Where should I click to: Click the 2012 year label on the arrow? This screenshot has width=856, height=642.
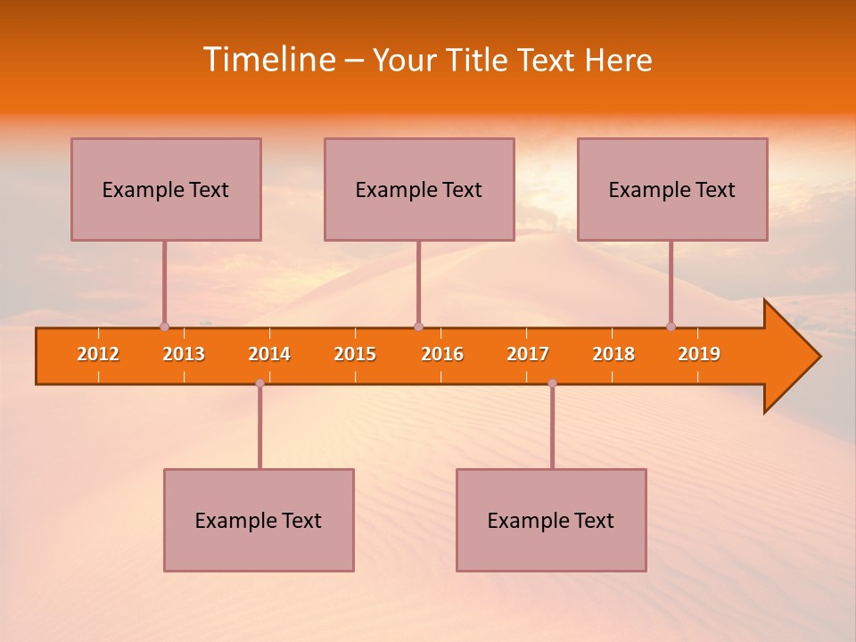coord(98,354)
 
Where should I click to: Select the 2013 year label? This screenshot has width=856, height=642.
coord(184,354)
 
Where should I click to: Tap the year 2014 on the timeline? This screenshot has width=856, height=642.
coord(269,354)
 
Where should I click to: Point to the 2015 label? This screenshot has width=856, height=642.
coord(355,354)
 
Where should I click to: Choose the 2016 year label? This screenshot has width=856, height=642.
coord(442,354)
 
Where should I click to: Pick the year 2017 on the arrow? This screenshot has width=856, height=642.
coord(528,354)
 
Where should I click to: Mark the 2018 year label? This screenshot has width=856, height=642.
coord(613,354)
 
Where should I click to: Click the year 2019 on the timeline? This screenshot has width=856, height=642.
coord(699,354)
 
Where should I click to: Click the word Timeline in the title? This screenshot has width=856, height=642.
coord(268,60)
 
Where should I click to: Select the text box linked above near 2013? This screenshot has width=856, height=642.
coord(166,189)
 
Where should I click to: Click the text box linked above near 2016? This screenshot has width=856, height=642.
coord(419,189)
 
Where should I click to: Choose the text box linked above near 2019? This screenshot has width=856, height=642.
coord(672,189)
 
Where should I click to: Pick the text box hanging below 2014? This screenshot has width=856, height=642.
coord(259,520)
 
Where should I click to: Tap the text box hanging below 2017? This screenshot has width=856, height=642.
coord(551,520)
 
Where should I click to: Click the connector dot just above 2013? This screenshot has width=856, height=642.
coord(164,326)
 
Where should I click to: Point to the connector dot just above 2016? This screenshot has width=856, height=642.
coord(418,326)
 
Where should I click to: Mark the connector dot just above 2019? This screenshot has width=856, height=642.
coord(671,326)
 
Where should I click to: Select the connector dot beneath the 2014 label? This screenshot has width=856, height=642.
coord(259,383)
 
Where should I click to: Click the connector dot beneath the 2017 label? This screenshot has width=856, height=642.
coord(552,383)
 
